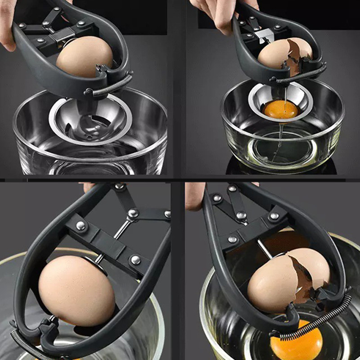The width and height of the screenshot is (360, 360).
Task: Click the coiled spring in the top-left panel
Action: (112, 85)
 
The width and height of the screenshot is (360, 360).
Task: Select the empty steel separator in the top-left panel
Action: (90, 121)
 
